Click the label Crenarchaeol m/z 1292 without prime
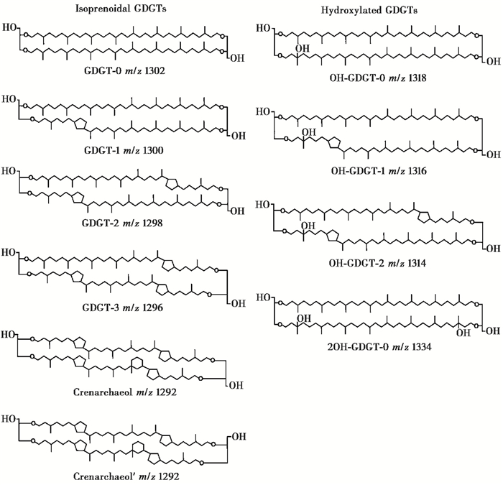click(119, 393)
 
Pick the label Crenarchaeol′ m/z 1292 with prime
click(119, 476)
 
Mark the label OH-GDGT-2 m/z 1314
click(373, 263)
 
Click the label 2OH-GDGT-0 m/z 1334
click(373, 347)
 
